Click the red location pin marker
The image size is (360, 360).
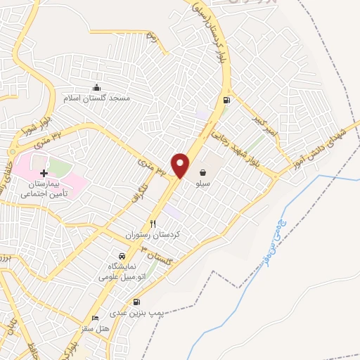tap(181, 165)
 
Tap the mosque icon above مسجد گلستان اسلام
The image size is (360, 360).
tap(96, 87)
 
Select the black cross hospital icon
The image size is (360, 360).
tap(44, 172)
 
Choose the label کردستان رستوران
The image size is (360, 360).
tap(153, 234)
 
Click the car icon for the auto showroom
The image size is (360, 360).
tap(122, 256)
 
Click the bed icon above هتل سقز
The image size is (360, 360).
tap(96, 319)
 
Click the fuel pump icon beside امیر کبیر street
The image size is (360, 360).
tap(226, 100)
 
